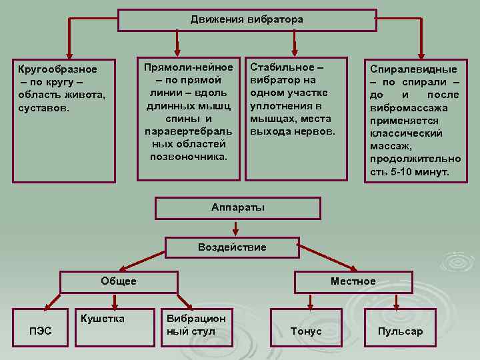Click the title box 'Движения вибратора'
click(x=246, y=19)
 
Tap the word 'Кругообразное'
click(x=57, y=69)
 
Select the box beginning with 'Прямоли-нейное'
click(x=188, y=118)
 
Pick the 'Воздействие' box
click(x=232, y=247)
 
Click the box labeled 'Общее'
click(x=119, y=281)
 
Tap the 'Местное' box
click(x=353, y=281)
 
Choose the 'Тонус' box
click(x=306, y=331)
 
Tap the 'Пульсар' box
click(x=400, y=331)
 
